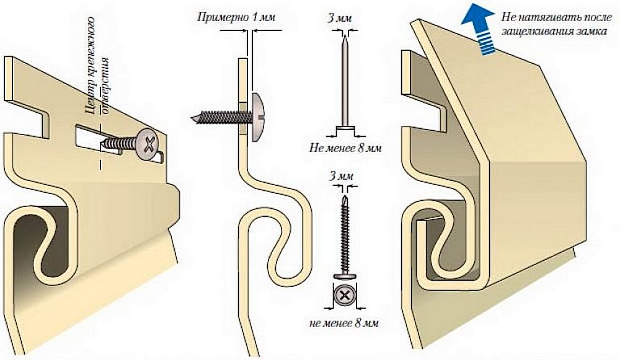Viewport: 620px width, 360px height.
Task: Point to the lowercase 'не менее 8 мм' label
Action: pos(342,323)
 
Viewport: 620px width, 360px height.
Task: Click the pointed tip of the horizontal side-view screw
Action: pos(193,117)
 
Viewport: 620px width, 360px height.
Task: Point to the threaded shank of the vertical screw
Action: pos(342,235)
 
